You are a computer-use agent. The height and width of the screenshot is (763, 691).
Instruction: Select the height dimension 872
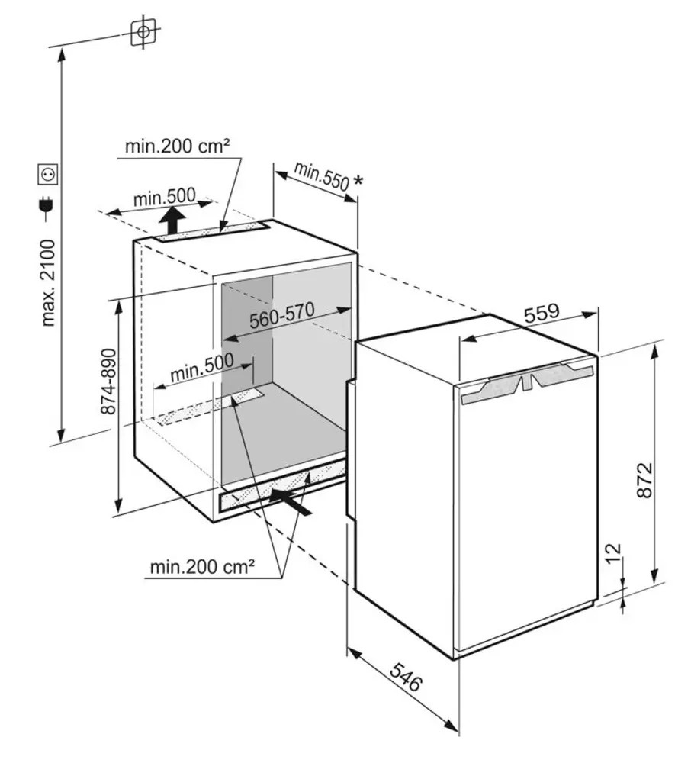[644, 480]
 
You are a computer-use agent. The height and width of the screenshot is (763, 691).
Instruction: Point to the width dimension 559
[542, 312]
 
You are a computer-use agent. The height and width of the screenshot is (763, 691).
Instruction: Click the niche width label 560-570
[282, 315]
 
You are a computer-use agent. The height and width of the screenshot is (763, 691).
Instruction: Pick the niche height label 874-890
[108, 381]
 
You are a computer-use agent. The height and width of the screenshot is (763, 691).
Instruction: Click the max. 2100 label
[49, 282]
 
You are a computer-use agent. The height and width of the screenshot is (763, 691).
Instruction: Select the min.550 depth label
[321, 175]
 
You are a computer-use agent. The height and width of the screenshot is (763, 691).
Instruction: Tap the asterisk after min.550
[358, 181]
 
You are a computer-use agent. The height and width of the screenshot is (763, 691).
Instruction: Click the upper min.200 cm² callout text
[177, 146]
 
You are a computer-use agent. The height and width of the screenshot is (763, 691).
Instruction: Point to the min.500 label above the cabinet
[165, 197]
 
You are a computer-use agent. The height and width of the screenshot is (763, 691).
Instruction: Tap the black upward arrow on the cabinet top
[172, 220]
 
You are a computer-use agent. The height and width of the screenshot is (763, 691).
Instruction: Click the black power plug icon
[47, 208]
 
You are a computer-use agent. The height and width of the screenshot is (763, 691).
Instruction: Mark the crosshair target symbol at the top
[143, 32]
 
